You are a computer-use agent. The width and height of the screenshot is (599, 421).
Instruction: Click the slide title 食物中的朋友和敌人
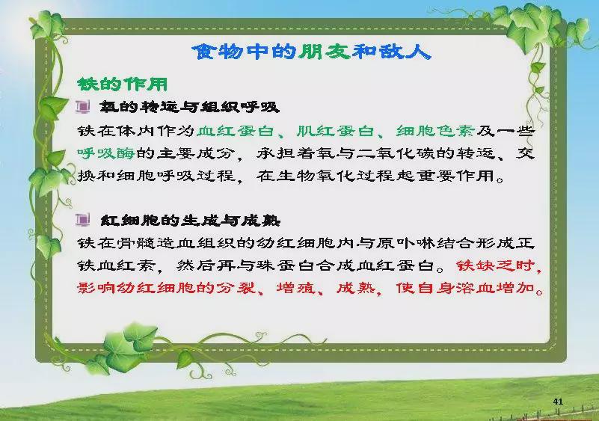311,52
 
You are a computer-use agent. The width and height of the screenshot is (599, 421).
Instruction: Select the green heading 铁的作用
122,84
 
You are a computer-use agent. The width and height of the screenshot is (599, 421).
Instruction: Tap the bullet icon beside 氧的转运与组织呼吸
83,107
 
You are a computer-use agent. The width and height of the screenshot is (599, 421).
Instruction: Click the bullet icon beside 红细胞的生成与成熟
83,220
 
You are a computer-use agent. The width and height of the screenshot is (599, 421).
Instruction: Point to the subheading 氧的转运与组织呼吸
189,107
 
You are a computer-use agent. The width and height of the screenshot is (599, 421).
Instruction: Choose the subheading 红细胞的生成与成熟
190,221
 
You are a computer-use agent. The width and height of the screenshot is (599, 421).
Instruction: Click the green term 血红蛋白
236,131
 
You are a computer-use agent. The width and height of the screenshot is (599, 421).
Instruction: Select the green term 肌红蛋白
336,131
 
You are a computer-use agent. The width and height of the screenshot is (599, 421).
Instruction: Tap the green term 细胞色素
435,131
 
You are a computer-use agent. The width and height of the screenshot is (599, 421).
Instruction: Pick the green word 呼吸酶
106,153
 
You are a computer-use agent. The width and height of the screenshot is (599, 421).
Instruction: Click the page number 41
558,402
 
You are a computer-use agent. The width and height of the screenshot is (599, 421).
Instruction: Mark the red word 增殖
296,287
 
